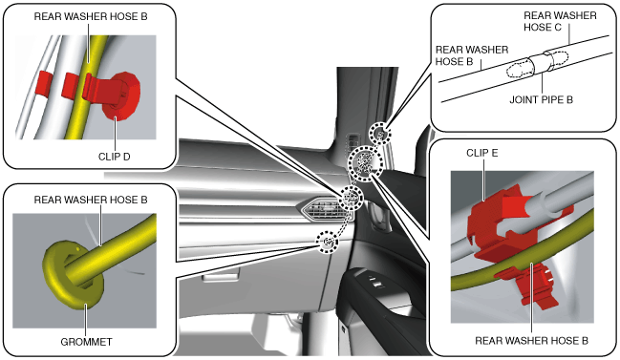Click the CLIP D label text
pyautogui.click(x=114, y=157)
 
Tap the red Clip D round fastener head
pyautogui.click(x=122, y=96)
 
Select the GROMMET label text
pyautogui.click(x=86, y=342)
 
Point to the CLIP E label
pyautogui.click(x=482, y=153)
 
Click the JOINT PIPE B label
pyautogui.click(x=541, y=99)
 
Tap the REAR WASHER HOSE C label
pyautogui.click(x=560, y=21)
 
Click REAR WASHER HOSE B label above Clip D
pyautogui.click(x=91, y=16)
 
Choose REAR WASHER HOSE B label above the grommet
pyautogui.click(x=91, y=200)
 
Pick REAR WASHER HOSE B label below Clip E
pyautogui.click(x=531, y=341)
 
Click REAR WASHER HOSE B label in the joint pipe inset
pyautogui.click(x=472, y=55)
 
